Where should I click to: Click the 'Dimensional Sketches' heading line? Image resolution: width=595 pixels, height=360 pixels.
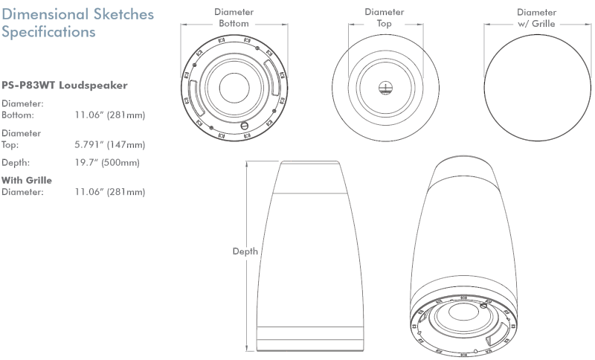click(x=78, y=14)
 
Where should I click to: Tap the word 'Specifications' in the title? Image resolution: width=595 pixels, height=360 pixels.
click(x=48, y=32)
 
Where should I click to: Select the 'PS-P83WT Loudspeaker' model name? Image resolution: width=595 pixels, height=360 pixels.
click(x=65, y=86)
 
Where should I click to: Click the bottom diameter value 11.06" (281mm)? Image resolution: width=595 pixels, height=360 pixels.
click(x=110, y=115)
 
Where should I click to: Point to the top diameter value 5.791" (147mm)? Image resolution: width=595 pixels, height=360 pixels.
click(x=110, y=144)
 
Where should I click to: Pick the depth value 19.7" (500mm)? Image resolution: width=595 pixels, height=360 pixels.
click(x=107, y=163)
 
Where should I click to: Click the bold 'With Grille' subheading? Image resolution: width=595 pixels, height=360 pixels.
click(x=27, y=180)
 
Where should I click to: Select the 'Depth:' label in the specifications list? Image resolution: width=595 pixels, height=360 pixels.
click(x=16, y=163)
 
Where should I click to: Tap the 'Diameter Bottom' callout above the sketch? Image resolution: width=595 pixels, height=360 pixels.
click(x=234, y=18)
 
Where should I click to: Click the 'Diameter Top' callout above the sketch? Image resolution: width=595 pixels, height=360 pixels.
click(x=385, y=18)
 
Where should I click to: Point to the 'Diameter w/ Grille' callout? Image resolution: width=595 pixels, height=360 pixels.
click(x=536, y=18)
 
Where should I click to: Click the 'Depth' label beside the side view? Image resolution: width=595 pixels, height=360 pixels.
click(x=245, y=251)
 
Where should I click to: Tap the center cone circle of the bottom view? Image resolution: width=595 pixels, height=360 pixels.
click(x=234, y=88)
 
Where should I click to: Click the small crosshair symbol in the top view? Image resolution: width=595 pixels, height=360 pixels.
click(x=385, y=89)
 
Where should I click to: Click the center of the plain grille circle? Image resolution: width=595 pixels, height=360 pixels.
click(x=537, y=88)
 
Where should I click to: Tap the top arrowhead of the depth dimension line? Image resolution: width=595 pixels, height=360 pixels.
click(x=248, y=163)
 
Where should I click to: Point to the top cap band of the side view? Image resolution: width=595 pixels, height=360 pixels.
click(x=310, y=178)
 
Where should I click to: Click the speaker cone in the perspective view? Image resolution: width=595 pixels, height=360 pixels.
click(x=463, y=312)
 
